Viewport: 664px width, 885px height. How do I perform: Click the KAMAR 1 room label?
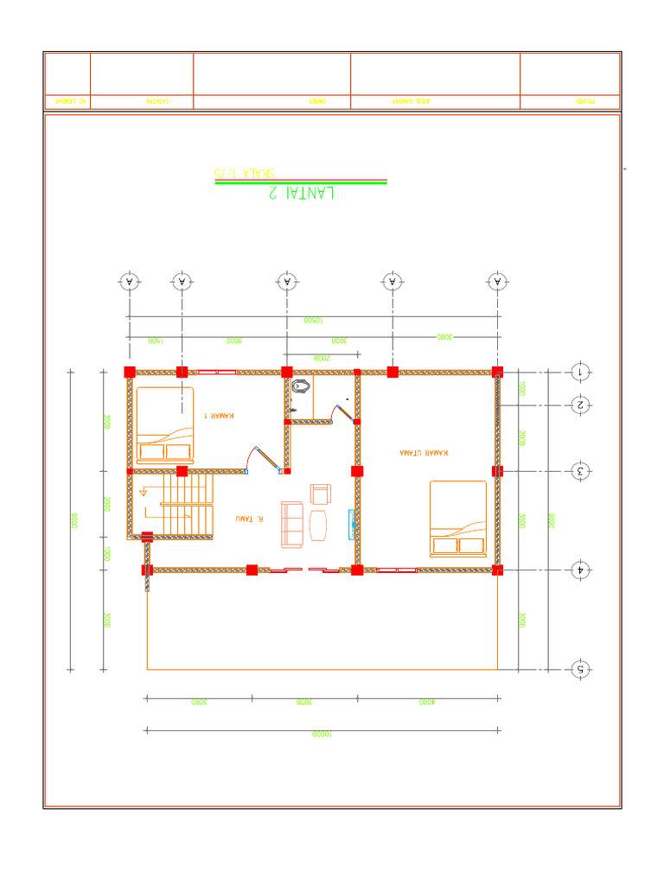[x=219, y=416]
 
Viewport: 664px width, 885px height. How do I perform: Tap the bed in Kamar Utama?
[x=458, y=519]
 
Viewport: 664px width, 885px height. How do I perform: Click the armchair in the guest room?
[x=320, y=493]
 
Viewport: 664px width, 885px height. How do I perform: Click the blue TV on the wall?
[x=352, y=524]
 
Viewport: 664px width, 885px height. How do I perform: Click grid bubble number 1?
[x=581, y=372]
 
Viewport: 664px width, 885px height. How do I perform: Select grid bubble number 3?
[x=581, y=471]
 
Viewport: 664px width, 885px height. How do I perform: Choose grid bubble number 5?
[x=581, y=669]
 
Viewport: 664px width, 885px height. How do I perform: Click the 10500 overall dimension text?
[x=313, y=320]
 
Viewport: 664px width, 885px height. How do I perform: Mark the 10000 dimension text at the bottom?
[x=322, y=735]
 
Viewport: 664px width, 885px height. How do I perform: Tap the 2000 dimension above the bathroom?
[x=321, y=357]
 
